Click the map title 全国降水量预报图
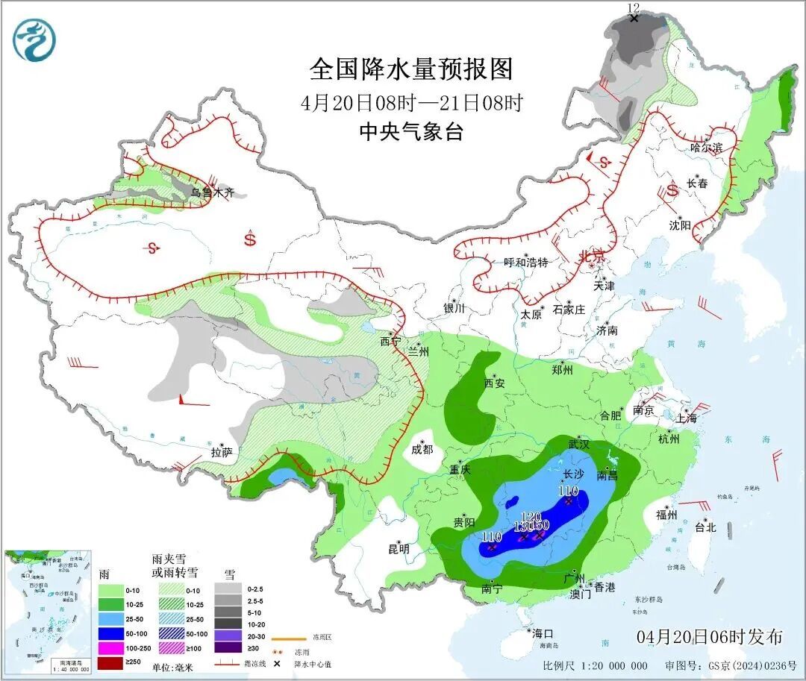[411, 69]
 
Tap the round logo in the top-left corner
[34, 40]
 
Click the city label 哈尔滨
[706, 148]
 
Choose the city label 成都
[422, 449]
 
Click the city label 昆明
[399, 549]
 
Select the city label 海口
[543, 633]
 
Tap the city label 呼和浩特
[526, 263]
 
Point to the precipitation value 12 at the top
[634, 8]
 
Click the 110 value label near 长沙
[569, 491]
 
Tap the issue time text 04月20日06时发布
[710, 637]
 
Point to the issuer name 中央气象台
[411, 132]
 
